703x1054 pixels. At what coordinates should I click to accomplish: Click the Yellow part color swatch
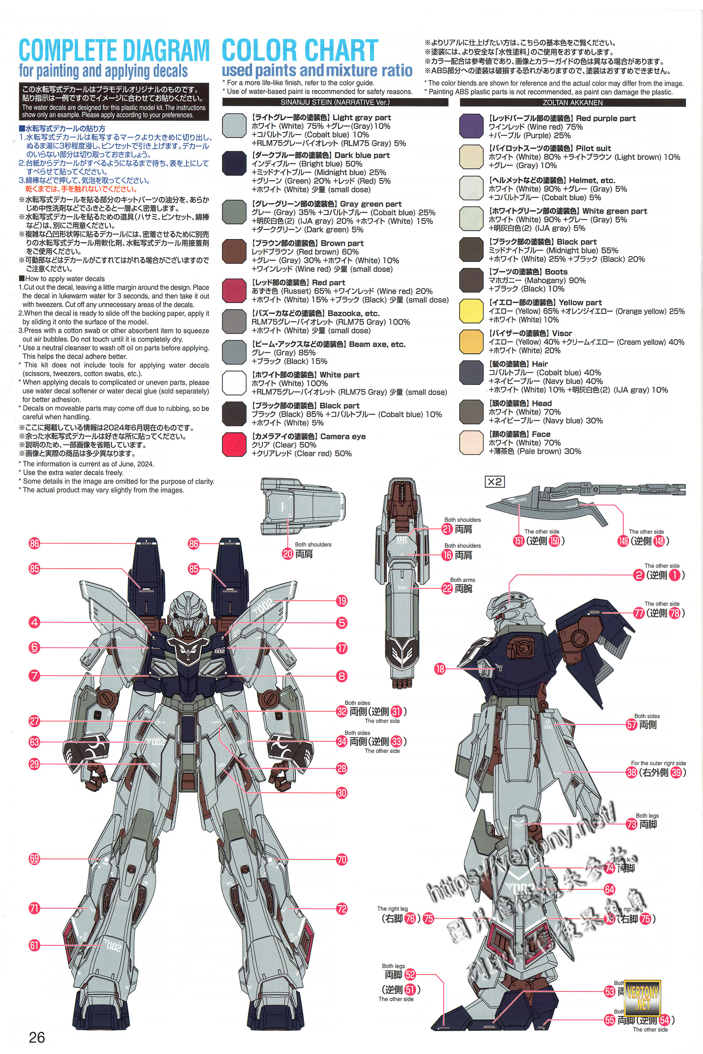click(x=471, y=310)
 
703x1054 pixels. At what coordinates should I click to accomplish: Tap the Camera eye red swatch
click(x=234, y=444)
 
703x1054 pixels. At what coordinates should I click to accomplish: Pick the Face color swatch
click(x=471, y=442)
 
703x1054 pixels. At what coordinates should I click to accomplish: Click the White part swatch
click(x=234, y=383)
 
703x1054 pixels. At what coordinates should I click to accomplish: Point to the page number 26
click(x=37, y=1037)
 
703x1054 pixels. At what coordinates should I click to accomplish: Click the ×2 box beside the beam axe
click(x=495, y=482)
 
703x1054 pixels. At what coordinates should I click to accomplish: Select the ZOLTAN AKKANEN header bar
click(x=573, y=103)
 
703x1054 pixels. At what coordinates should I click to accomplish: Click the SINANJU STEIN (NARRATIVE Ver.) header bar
click(x=335, y=103)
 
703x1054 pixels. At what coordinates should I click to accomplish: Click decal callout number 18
click(x=440, y=669)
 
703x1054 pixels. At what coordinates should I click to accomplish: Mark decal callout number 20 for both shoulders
click(x=287, y=554)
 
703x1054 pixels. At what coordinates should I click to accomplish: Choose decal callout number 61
click(x=35, y=945)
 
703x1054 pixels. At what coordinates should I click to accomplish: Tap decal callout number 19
click(x=342, y=601)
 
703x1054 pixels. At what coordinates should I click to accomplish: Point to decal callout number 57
click(x=632, y=725)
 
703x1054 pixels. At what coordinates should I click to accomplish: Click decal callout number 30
click(x=342, y=793)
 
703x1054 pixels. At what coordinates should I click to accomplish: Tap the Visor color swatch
click(x=471, y=342)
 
